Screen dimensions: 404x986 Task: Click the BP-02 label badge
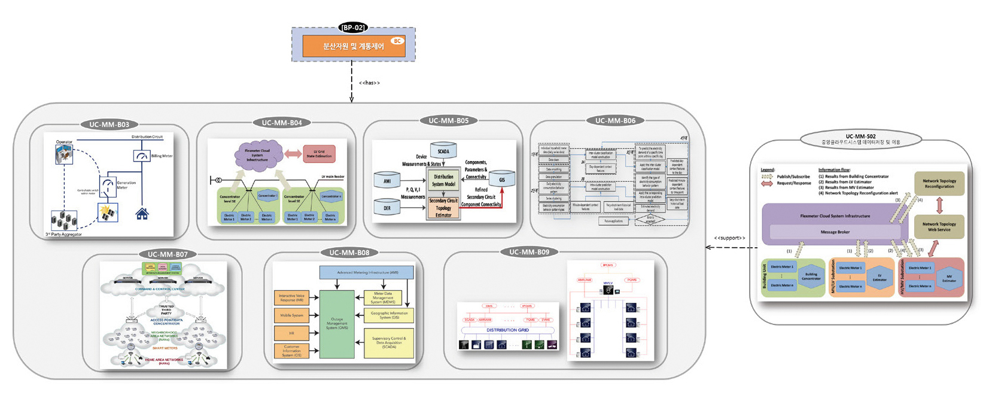coord(352,28)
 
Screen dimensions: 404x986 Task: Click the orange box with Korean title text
coord(354,46)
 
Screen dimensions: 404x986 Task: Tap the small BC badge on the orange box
coord(397,41)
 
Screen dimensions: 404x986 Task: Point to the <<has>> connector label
coord(369,83)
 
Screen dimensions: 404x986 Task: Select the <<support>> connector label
coord(729,238)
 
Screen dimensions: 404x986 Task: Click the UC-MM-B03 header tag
coord(109,124)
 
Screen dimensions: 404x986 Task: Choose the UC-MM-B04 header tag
coord(282,123)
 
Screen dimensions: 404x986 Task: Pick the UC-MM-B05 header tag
coord(448,120)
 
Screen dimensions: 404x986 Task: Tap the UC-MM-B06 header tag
coord(615,120)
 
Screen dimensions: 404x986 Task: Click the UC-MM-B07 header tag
coord(168,254)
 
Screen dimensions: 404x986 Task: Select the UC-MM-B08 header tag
coord(349,253)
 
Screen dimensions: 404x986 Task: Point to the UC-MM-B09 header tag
coord(529,252)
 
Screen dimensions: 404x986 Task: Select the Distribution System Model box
coord(443,180)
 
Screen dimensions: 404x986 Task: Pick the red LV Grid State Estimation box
coord(319,154)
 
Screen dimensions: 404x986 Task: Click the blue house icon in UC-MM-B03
coord(142,214)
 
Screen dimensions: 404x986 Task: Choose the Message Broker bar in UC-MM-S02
coord(835,232)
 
